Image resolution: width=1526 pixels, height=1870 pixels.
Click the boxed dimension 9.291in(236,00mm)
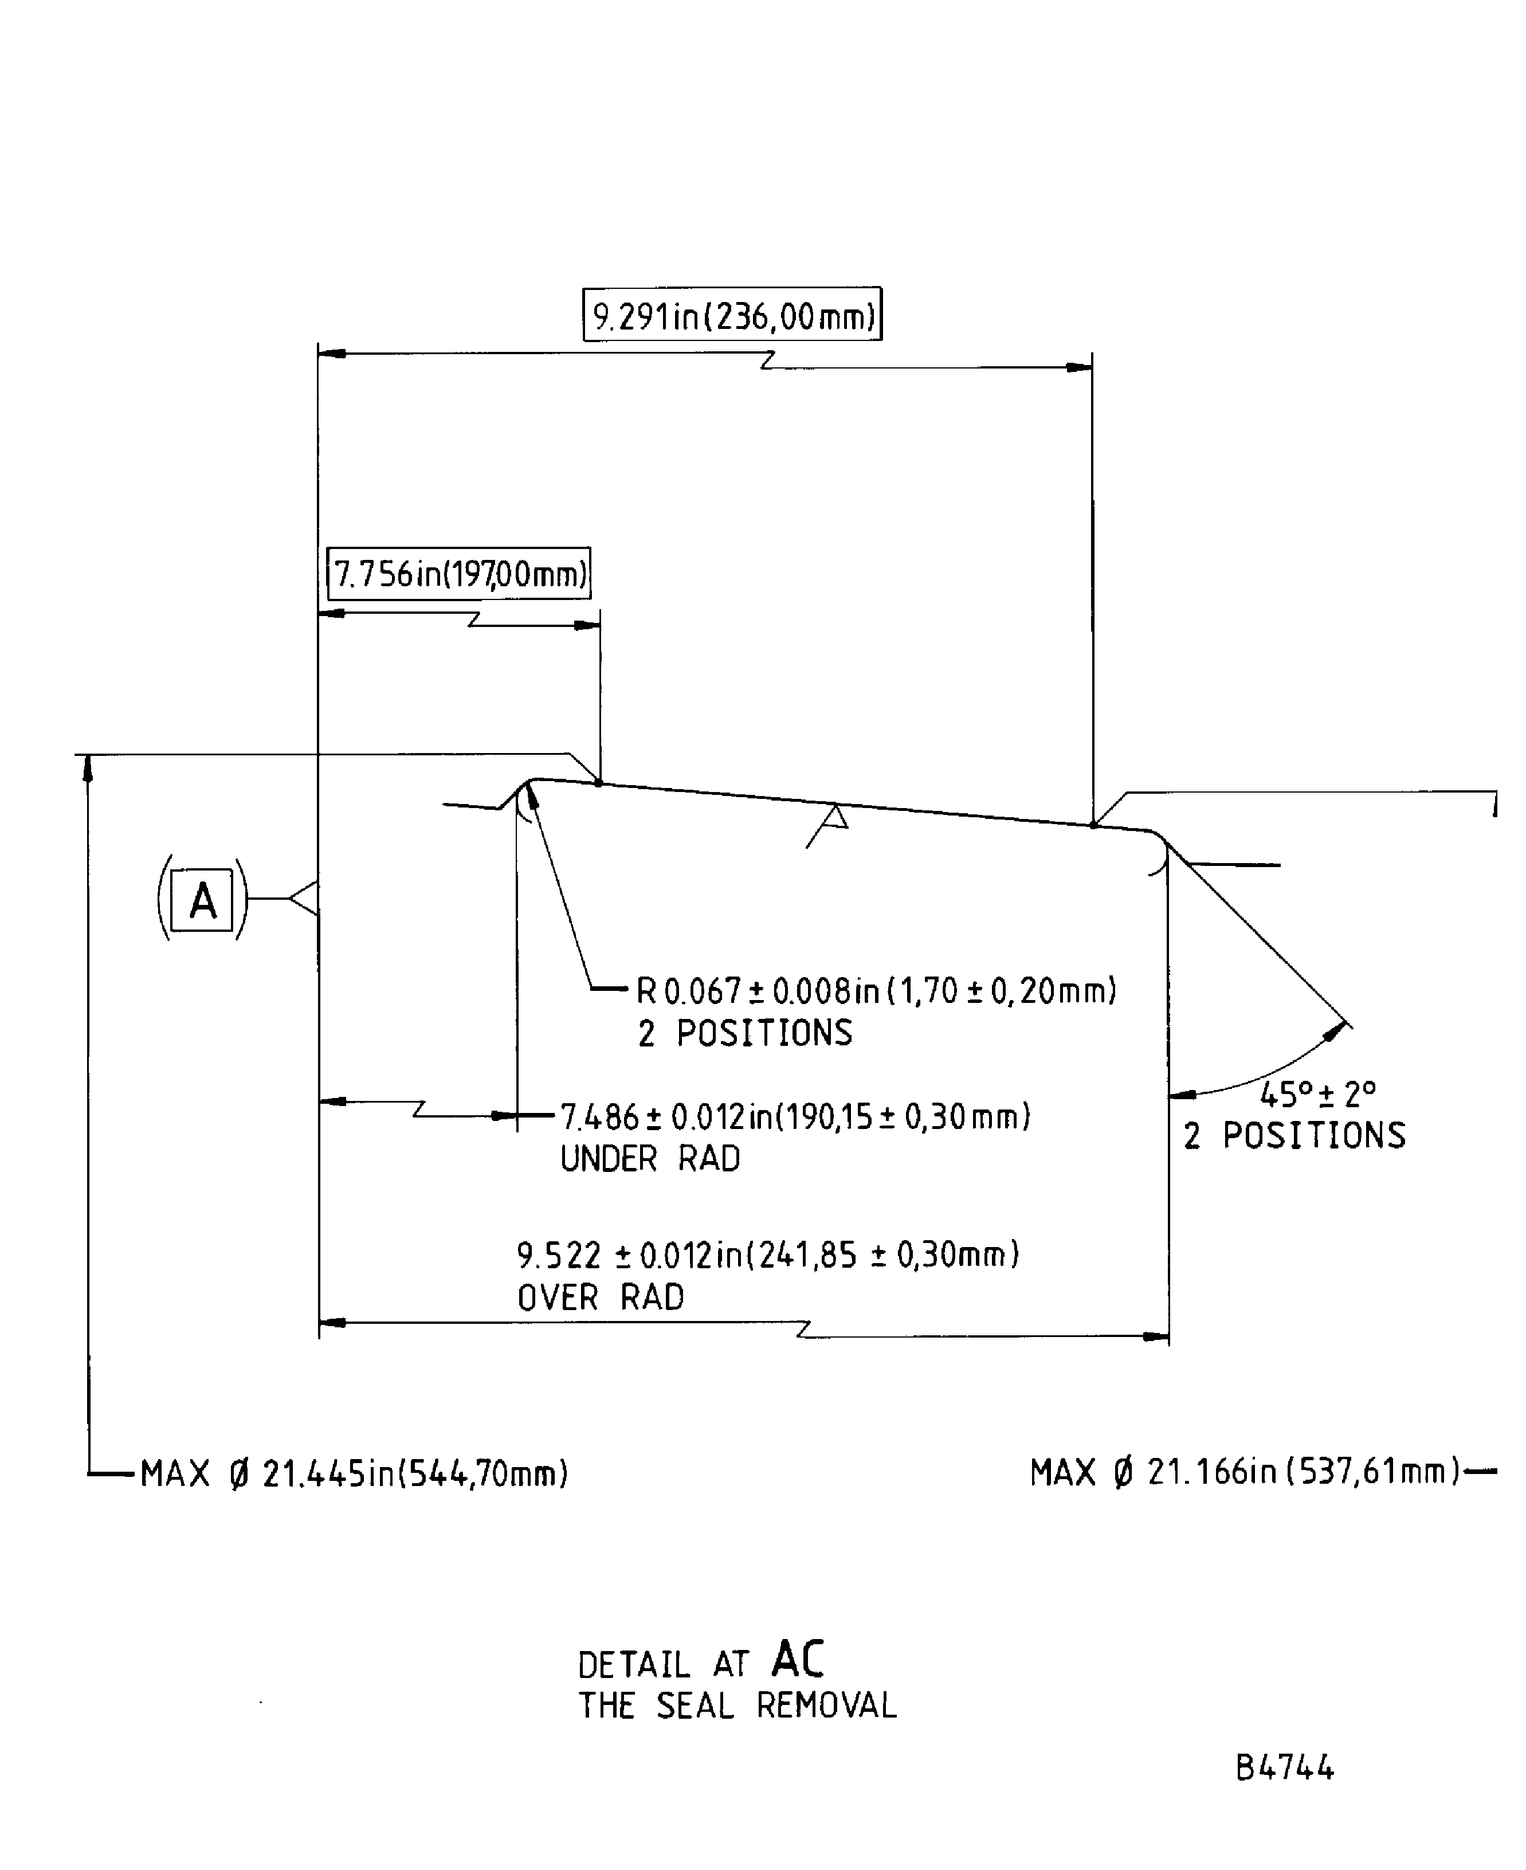(732, 315)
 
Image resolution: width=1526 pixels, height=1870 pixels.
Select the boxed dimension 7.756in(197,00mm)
(458, 574)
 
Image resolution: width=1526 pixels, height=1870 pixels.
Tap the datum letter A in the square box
(202, 900)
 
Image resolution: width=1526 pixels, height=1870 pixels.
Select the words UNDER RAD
(650, 1159)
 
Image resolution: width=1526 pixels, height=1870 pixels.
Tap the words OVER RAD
(601, 1297)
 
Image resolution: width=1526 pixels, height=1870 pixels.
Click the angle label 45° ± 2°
(1317, 1095)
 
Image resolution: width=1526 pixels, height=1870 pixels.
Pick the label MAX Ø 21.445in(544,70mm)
(354, 1473)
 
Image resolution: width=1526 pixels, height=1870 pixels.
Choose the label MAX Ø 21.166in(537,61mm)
(1244, 1472)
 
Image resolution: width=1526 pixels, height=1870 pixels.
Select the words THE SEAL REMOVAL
(736, 1706)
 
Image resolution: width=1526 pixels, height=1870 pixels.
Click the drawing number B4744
(1284, 1768)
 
